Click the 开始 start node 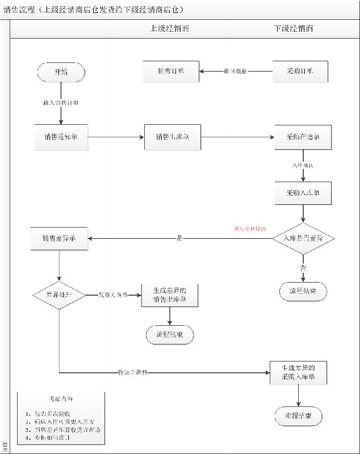(x=61, y=72)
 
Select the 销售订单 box (x=171, y=72)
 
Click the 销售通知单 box (x=61, y=137)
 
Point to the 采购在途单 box (x=303, y=137)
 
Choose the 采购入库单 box (x=303, y=193)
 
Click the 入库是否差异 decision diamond (x=303, y=239)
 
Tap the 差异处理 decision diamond (x=59, y=295)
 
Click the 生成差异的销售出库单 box (x=170, y=295)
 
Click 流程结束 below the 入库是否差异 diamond (x=303, y=291)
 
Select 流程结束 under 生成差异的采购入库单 (x=299, y=416)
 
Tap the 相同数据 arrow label (x=235, y=72)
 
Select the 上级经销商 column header (x=170, y=28)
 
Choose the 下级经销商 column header (x=293, y=28)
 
